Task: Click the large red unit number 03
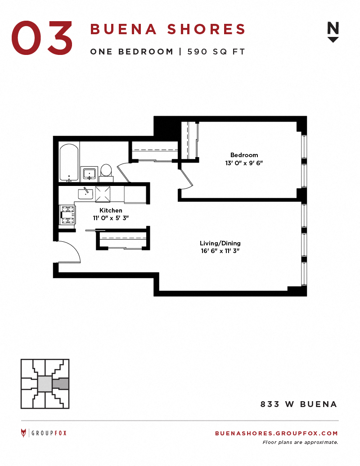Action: tap(42, 38)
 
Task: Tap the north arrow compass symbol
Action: tap(333, 32)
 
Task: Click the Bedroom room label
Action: tap(244, 155)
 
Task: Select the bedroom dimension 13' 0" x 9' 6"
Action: tap(244, 163)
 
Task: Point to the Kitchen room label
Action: tap(111, 210)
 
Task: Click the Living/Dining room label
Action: tap(220, 243)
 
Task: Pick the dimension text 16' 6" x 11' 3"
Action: tap(220, 251)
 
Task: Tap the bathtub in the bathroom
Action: tap(69, 163)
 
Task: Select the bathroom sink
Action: tap(90, 173)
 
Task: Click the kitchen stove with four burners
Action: tap(67, 215)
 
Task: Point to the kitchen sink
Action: tap(85, 194)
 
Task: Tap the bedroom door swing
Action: tap(186, 179)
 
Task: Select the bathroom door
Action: tap(124, 172)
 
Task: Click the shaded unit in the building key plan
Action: tap(61, 384)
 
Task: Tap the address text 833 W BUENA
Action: tap(299, 404)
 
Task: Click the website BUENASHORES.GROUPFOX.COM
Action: tap(277, 433)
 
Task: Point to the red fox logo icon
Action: tap(23, 433)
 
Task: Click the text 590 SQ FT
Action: tap(216, 52)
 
